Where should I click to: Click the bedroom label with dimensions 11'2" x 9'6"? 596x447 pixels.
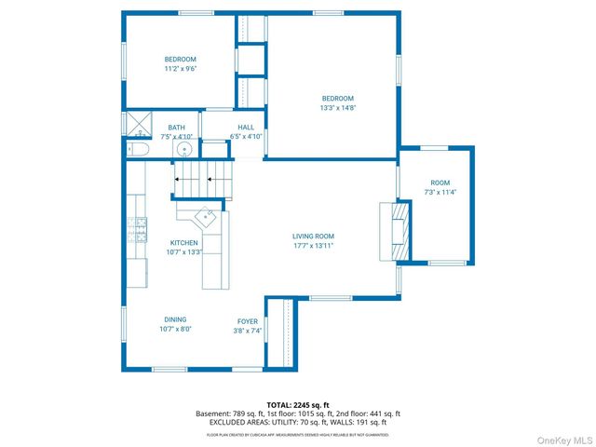(x=181, y=63)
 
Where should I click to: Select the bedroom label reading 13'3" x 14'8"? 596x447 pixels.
(x=338, y=102)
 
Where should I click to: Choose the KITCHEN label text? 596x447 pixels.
(x=183, y=247)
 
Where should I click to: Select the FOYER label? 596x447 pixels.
(x=247, y=325)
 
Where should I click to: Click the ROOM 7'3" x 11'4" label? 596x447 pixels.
(x=440, y=186)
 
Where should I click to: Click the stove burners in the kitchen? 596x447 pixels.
(x=140, y=228)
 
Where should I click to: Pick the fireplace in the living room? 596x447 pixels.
(x=399, y=231)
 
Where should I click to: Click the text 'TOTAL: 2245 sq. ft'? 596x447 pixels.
(x=298, y=405)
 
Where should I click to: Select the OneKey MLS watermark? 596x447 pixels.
(x=561, y=439)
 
